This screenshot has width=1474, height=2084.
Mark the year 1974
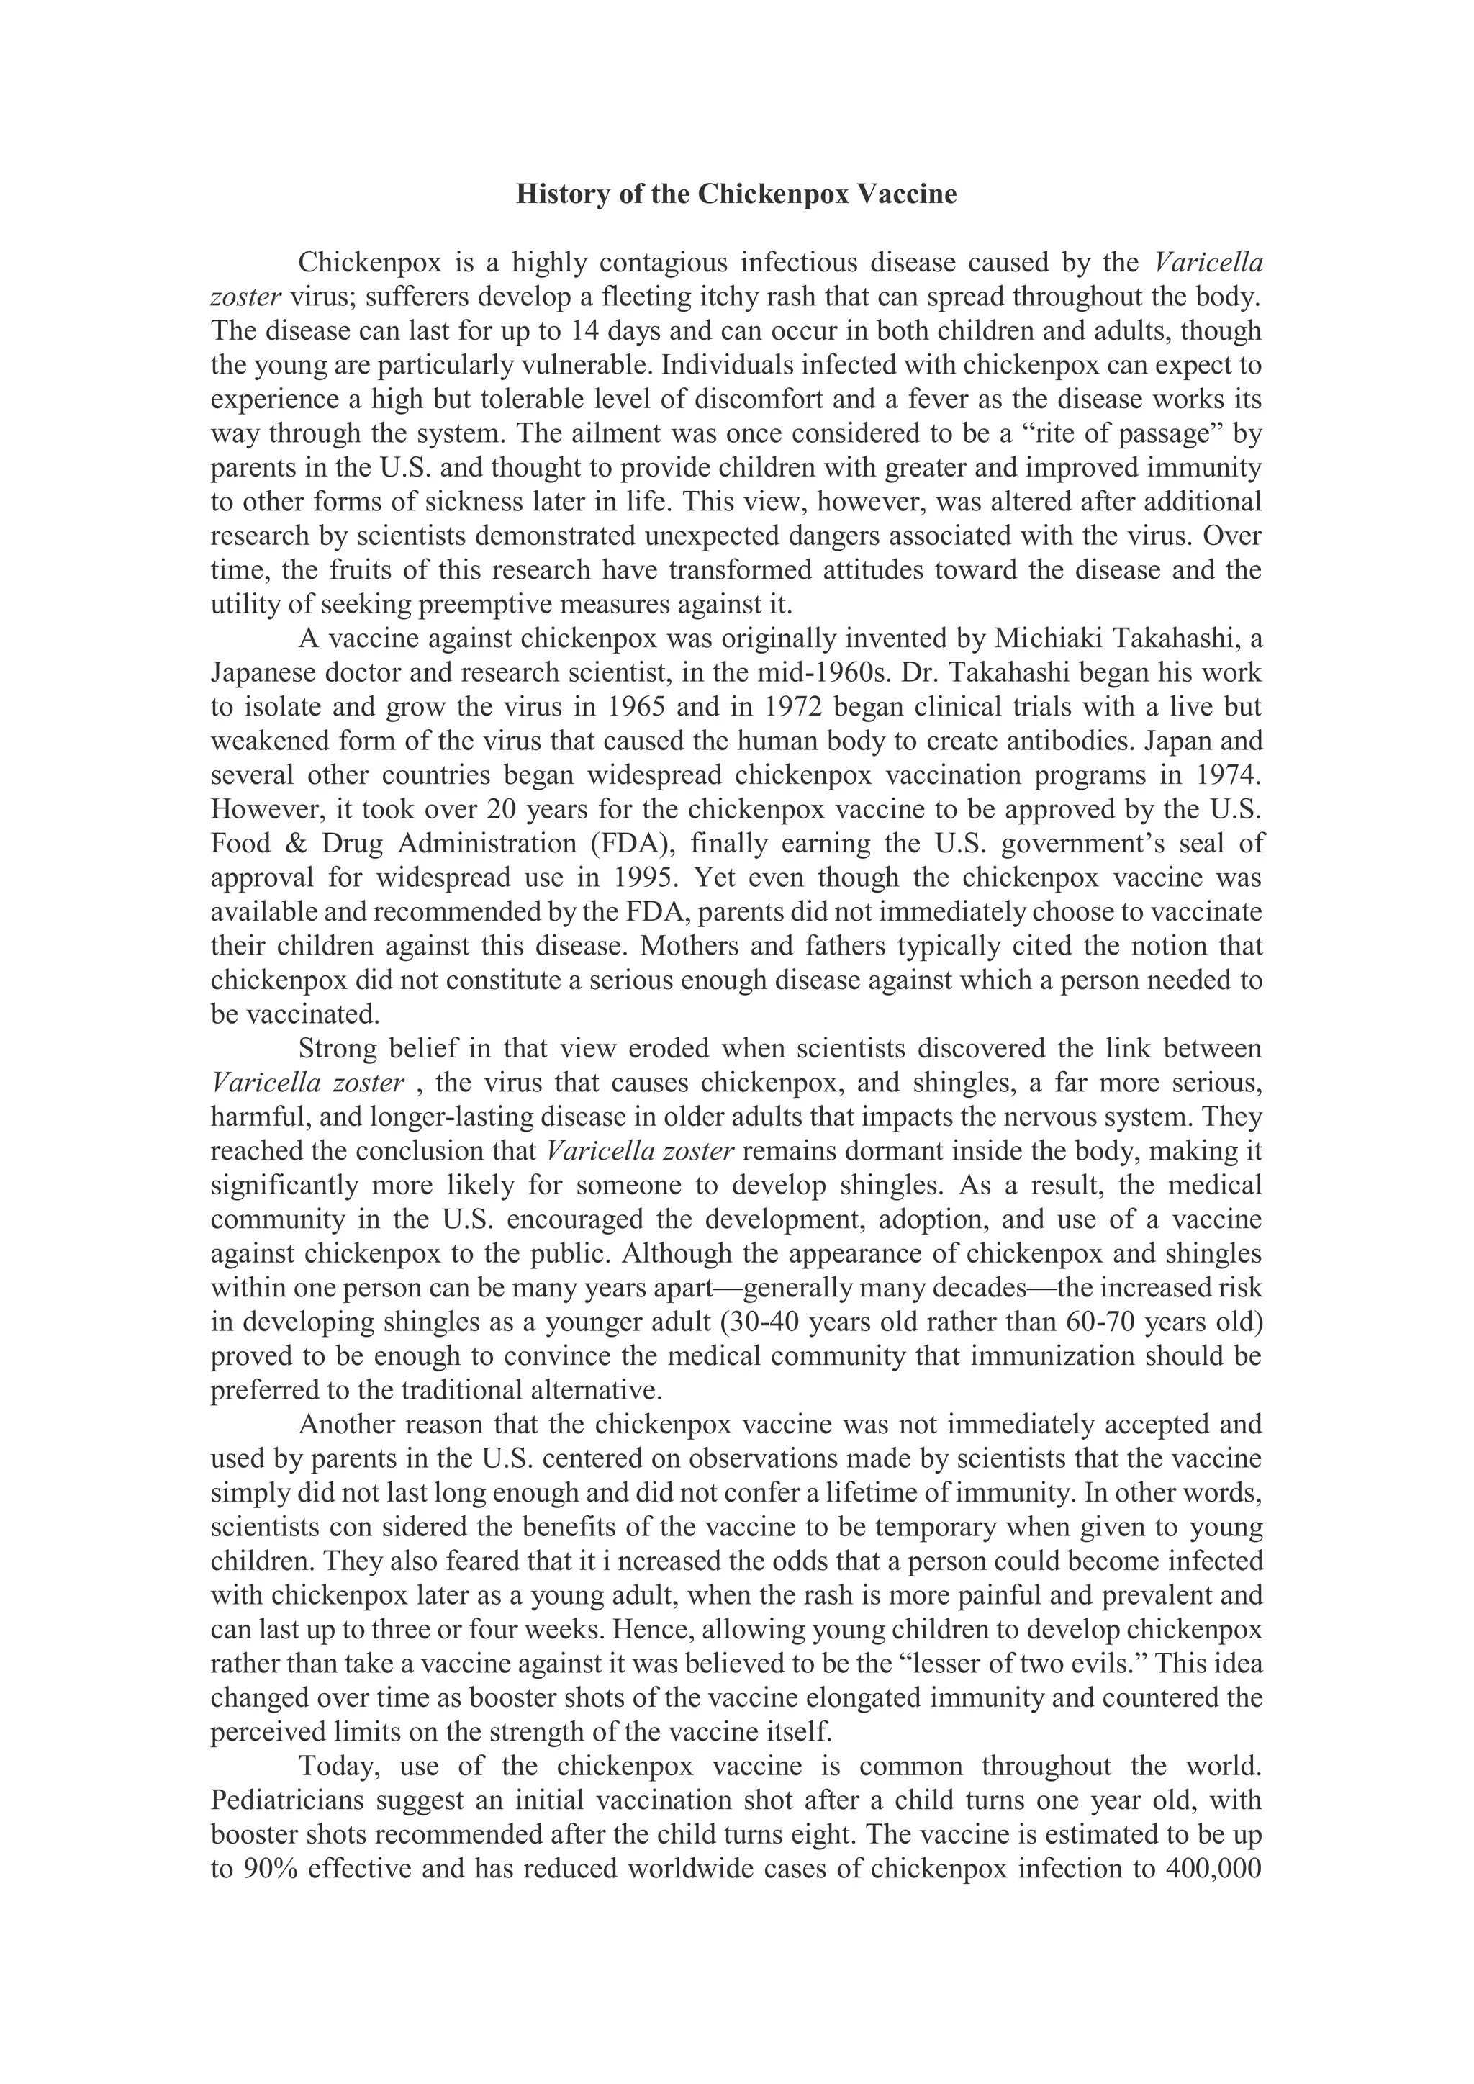[1227, 775]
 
